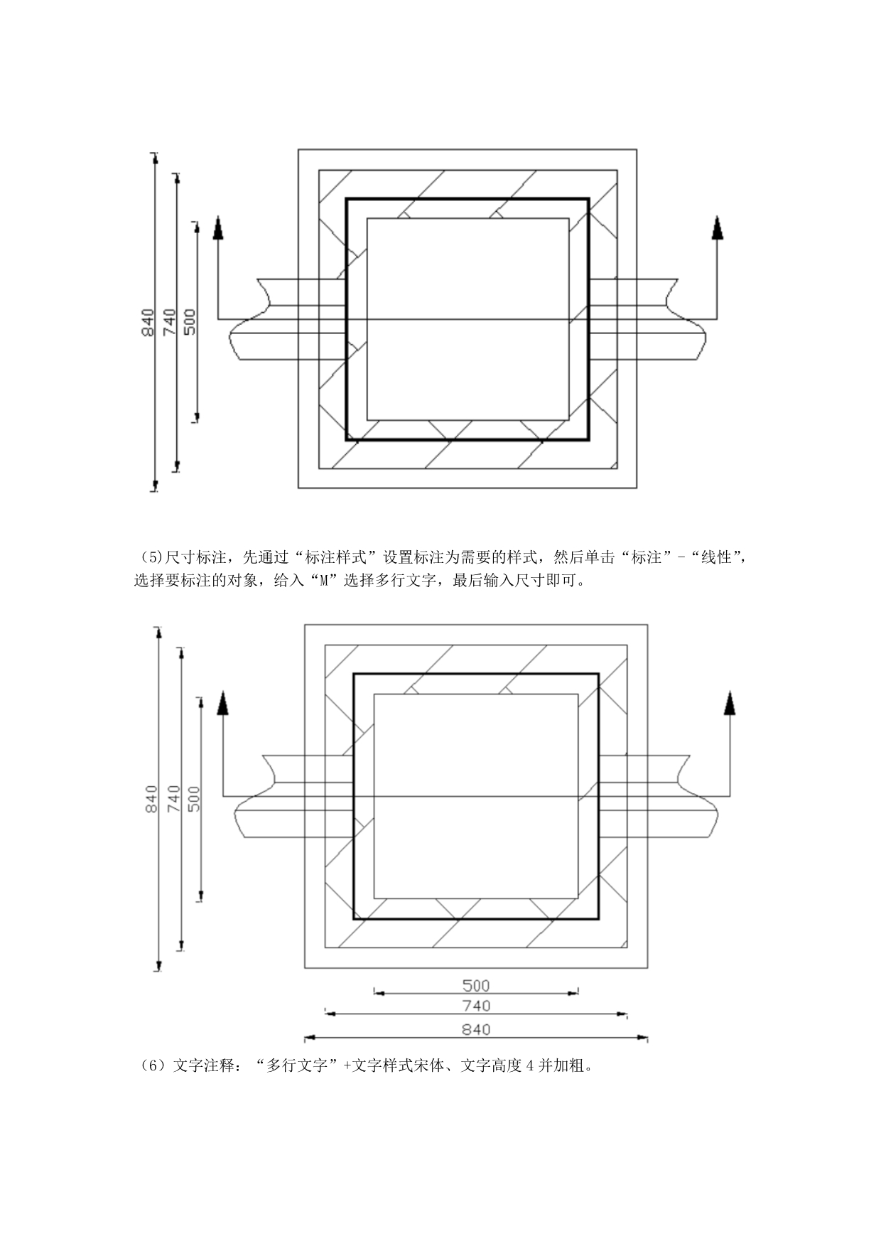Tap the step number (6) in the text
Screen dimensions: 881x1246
(153, 1066)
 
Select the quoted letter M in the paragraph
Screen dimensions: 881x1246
(324, 581)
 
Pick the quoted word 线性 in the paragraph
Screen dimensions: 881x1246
(716, 558)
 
